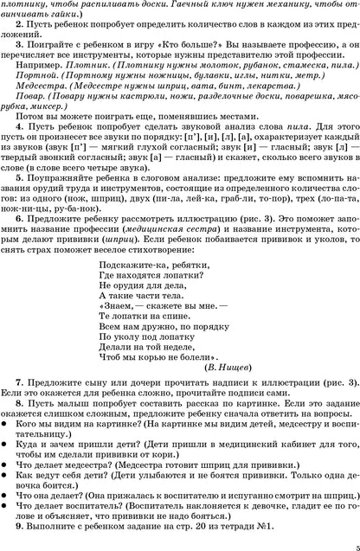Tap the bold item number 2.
20,29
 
